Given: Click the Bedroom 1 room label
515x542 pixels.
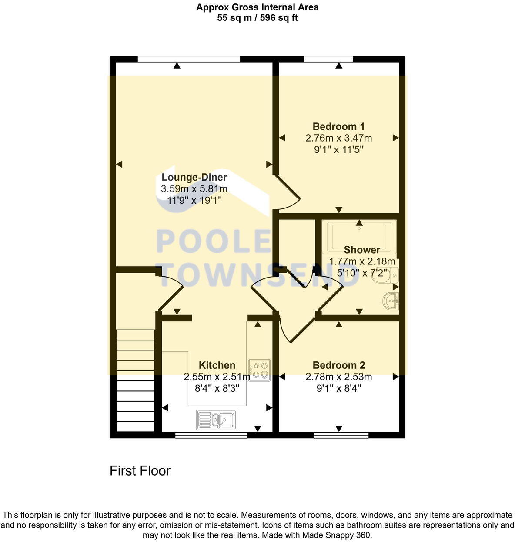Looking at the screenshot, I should [x=338, y=126].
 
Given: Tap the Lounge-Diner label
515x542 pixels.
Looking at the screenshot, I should [x=194, y=177].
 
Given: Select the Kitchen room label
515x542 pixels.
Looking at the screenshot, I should [x=217, y=365].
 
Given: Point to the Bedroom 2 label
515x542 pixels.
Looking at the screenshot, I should [x=338, y=365].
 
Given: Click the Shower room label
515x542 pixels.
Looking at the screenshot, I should [x=362, y=250].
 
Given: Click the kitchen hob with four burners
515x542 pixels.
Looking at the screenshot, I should [x=259, y=370].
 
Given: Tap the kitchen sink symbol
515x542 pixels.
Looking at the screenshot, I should [x=217, y=420].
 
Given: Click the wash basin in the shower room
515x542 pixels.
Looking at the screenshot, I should [x=391, y=301].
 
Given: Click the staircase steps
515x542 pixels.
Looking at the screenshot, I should [x=136, y=380].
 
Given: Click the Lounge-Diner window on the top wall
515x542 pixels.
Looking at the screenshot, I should [x=189, y=59].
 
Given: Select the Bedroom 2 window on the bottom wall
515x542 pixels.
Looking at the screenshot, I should [x=341, y=435].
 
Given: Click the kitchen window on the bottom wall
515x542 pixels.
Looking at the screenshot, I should [x=211, y=435].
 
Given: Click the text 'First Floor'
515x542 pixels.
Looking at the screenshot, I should [x=140, y=471].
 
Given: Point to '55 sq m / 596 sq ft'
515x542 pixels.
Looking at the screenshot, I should [x=257, y=18].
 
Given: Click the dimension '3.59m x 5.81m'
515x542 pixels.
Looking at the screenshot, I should [x=194, y=189].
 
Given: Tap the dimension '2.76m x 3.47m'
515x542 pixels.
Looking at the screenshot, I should [x=338, y=138].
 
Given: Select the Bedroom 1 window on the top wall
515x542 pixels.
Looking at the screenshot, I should [x=328, y=59].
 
